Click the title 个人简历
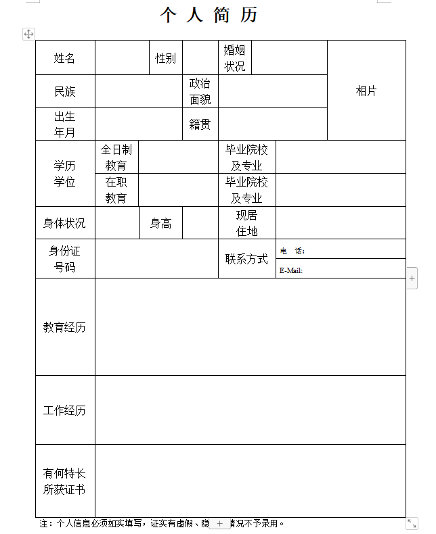point(209,15)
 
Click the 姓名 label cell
point(65,58)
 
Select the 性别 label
point(165,58)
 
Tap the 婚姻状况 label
point(234,58)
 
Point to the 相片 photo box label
point(366,91)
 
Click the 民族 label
point(65,91)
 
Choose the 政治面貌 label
point(200,91)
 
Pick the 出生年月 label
point(65,124)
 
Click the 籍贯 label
point(200,124)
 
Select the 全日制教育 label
point(116,157)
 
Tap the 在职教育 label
point(116,190)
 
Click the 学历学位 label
point(65,174)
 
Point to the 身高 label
point(160,223)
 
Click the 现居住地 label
point(246,223)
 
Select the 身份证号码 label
point(65,259)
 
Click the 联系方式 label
point(246,259)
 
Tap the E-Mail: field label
point(291,270)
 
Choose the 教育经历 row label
point(65,327)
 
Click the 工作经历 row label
point(65,410)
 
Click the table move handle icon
point(28,34)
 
